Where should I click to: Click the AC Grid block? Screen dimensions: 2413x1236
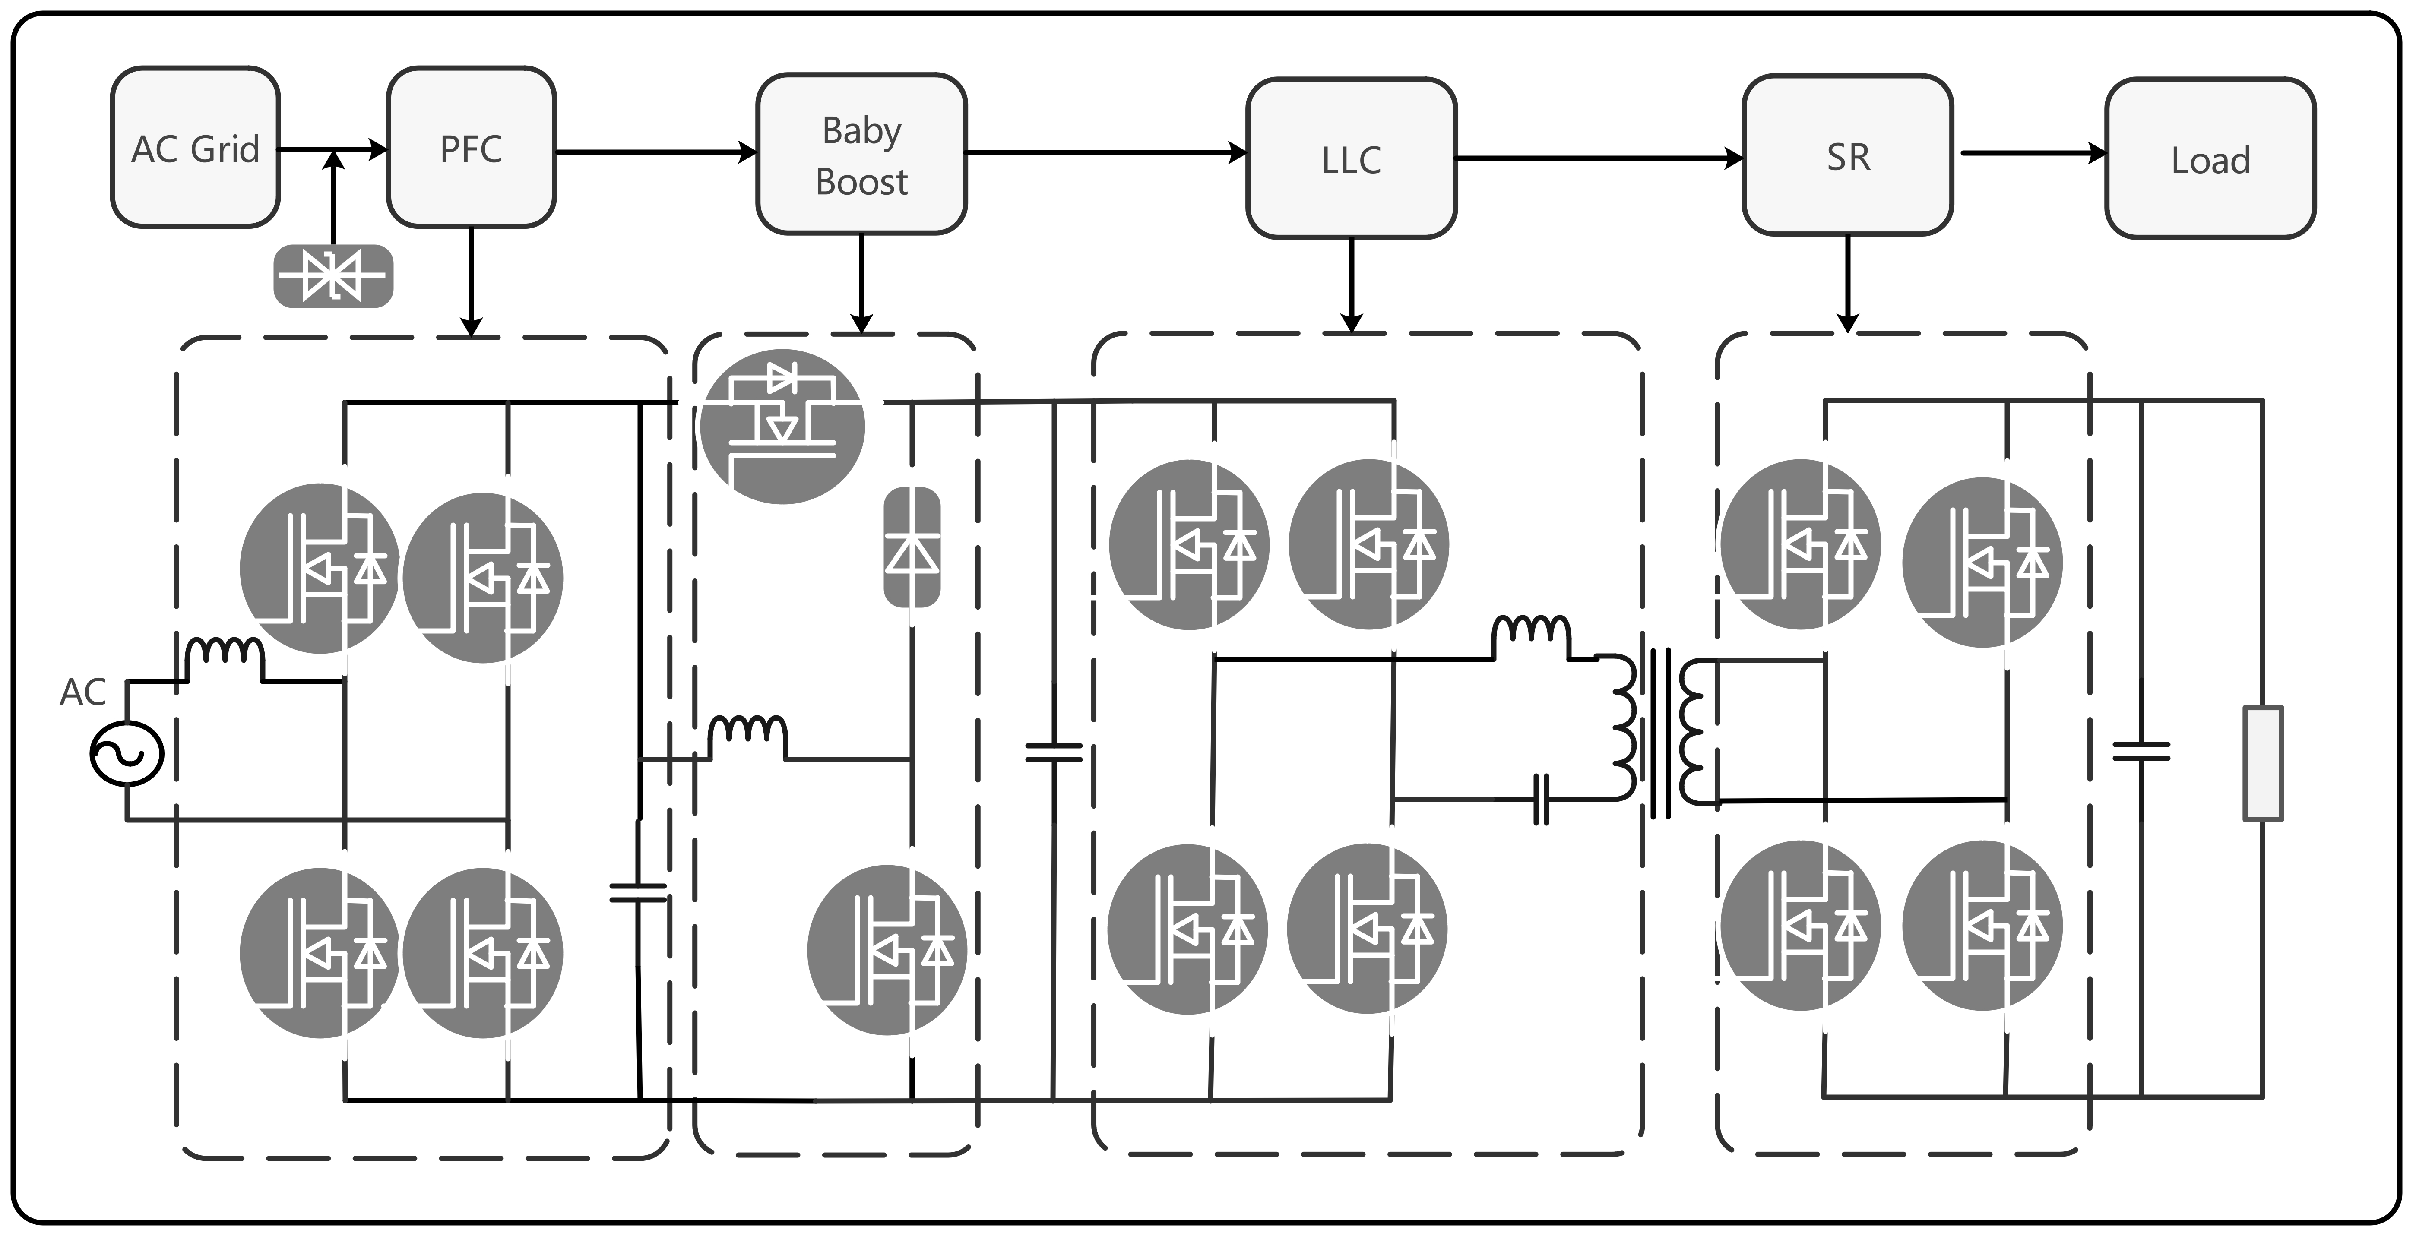click(x=195, y=147)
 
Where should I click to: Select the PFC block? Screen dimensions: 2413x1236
click(x=471, y=147)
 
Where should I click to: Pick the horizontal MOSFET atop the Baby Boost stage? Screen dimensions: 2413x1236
click(x=782, y=426)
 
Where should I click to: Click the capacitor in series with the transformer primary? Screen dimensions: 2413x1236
click(x=1541, y=799)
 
